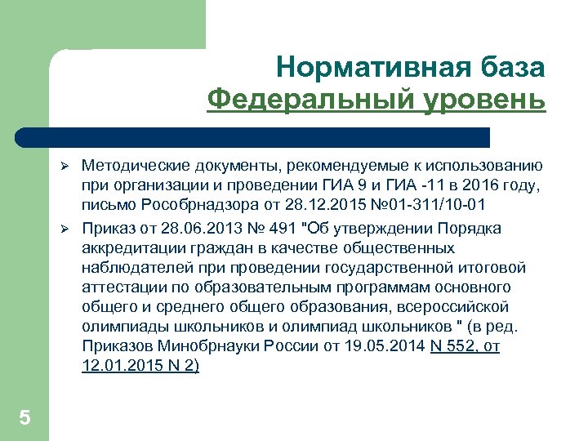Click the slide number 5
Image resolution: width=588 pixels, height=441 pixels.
[24, 418]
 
